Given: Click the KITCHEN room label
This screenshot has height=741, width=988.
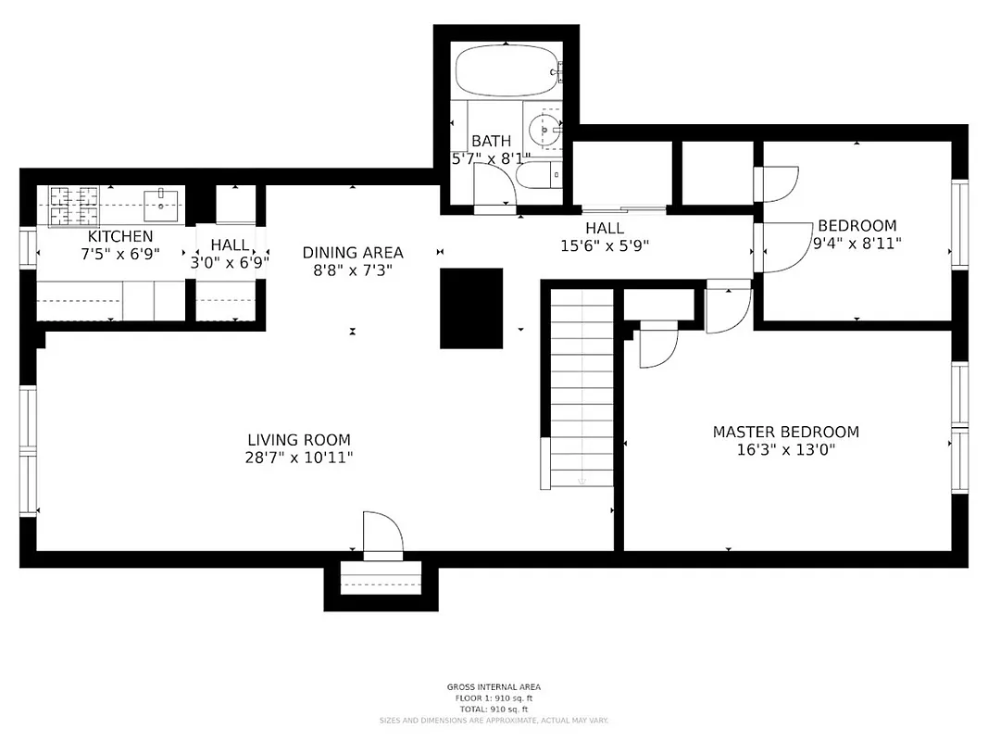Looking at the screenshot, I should point(119,237).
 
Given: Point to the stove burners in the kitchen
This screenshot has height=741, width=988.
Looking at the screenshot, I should point(73,206).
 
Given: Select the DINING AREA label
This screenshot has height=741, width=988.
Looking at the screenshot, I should point(353,253).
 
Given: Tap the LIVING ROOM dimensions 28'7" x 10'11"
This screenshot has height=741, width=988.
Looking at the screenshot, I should point(299,458).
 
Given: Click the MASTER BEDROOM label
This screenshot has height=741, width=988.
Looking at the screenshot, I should point(785,432).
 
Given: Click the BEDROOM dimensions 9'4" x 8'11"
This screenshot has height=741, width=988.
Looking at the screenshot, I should point(857,244).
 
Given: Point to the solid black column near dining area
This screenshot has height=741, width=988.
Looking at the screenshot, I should point(471,308).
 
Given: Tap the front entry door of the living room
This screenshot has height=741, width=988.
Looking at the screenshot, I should point(381,536).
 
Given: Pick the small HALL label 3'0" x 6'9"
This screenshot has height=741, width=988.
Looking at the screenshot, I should point(229,261).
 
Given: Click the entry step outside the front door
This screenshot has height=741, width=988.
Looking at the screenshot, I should point(380,583).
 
